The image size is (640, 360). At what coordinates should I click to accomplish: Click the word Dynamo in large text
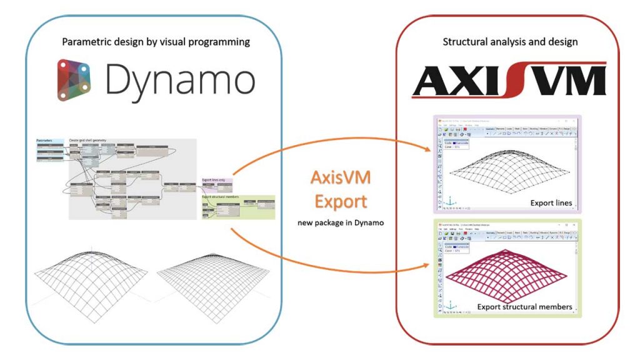coord(180,81)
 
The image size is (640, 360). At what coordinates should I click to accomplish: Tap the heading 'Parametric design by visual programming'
coord(156,42)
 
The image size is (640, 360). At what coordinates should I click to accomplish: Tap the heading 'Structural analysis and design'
coord(510,42)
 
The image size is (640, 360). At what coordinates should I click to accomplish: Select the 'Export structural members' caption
coord(525,306)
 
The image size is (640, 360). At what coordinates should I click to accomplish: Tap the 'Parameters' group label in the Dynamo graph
coord(45,141)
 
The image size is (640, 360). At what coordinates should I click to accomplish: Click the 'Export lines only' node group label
coord(215,180)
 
